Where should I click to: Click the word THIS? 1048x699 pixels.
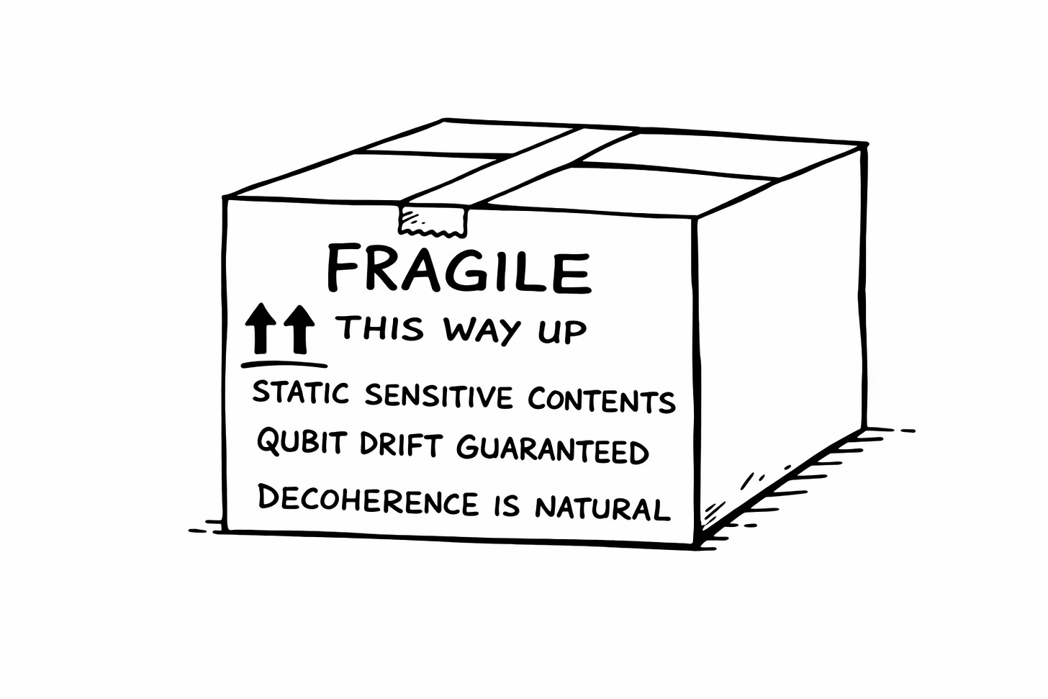pyautogui.click(x=381, y=328)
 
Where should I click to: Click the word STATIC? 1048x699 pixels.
pyautogui.click(x=300, y=393)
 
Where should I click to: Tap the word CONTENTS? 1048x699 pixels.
pyautogui.click(x=601, y=400)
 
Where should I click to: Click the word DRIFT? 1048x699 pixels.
pyautogui.click(x=400, y=444)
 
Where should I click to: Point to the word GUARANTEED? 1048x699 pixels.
pyautogui.click(x=553, y=450)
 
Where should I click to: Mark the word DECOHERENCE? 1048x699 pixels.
pyautogui.click(x=368, y=500)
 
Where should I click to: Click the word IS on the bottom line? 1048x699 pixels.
pyautogui.click(x=507, y=506)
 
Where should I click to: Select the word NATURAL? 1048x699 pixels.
pyautogui.click(x=602, y=508)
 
